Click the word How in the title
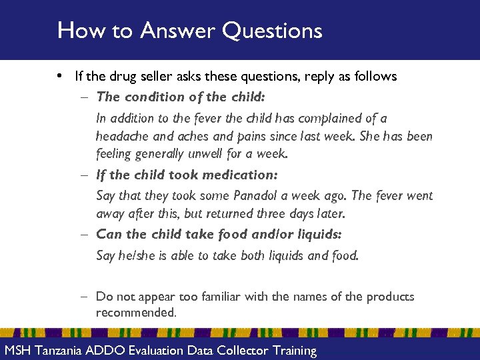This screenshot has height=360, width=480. [75, 31]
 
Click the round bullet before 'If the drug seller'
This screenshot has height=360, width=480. [61, 77]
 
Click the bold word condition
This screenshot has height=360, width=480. [153, 97]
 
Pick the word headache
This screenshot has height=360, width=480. [122, 136]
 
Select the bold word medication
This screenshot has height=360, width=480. [240, 175]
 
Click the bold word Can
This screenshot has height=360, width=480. [109, 234]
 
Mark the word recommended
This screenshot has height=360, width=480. [135, 313]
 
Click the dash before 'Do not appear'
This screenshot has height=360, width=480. [87, 297]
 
